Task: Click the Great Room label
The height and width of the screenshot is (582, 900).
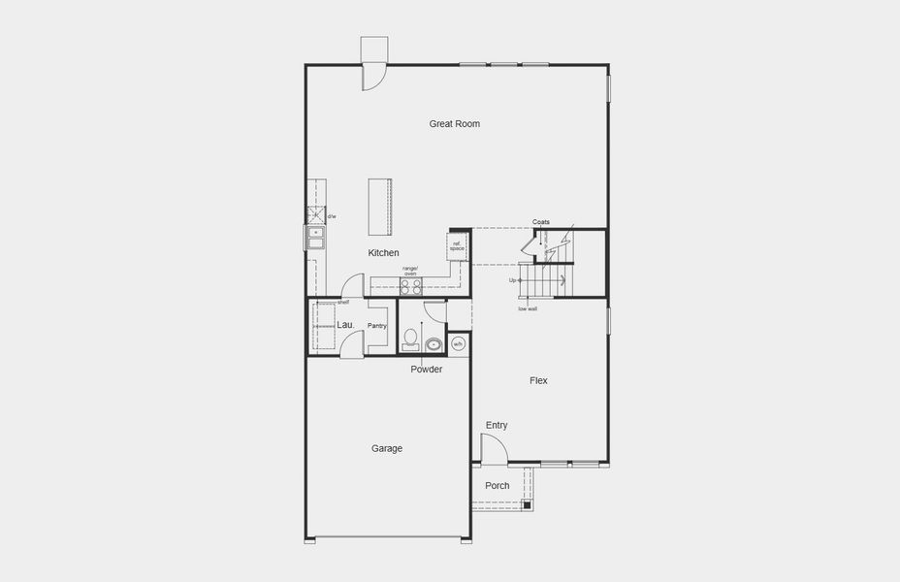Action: [x=455, y=124]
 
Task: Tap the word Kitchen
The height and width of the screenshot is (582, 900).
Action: [x=383, y=253]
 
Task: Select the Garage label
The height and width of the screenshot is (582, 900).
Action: [x=386, y=448]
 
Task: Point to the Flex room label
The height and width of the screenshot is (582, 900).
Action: [x=538, y=381]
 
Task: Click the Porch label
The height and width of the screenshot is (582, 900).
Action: [x=498, y=486]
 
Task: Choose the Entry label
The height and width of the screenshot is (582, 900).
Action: [x=497, y=426]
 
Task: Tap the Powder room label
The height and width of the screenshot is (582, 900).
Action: [x=427, y=370]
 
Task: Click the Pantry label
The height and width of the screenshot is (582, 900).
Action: [x=377, y=326]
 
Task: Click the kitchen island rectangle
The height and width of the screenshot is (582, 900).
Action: [x=380, y=207]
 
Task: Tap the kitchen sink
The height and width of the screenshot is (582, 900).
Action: [x=316, y=233]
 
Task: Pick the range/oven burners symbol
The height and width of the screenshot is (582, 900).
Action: [x=411, y=286]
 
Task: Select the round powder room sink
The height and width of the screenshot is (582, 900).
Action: [x=433, y=342]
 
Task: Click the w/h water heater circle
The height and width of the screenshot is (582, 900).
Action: [x=459, y=343]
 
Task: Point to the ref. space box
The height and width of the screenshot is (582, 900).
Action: [x=457, y=247]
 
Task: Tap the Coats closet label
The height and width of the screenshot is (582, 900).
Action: [x=540, y=222]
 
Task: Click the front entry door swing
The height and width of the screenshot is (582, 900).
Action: [x=494, y=448]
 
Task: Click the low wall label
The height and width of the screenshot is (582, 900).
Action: [x=527, y=309]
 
